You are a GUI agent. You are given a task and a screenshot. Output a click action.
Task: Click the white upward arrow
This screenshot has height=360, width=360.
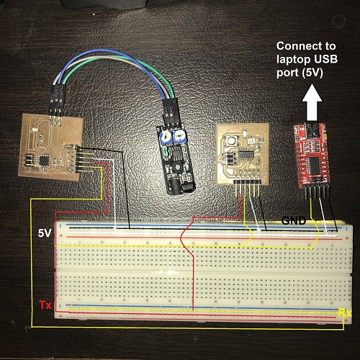point(312,102)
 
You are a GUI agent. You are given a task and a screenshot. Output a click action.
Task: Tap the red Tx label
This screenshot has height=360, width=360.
point(45,305)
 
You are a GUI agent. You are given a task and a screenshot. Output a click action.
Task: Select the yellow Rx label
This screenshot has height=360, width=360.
point(345,312)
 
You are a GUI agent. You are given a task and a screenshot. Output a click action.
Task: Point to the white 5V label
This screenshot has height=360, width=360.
point(45,233)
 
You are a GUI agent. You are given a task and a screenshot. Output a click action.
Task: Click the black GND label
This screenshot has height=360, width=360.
point(294,220)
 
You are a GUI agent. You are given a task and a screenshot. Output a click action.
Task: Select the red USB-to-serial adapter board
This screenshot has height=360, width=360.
point(312,156)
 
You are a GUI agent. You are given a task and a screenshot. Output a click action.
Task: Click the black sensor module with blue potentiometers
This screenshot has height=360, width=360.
point(176,159)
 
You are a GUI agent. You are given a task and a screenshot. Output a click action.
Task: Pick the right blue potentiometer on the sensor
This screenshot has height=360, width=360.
point(179,137)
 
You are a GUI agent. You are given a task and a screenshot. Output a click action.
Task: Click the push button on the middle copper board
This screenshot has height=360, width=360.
point(232,140)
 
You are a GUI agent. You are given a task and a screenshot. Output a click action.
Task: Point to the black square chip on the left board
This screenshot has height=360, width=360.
point(44,161)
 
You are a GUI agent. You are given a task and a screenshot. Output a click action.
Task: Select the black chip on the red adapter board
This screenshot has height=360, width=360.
point(314,166)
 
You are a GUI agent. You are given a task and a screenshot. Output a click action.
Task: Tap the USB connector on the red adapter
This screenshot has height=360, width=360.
point(311,131)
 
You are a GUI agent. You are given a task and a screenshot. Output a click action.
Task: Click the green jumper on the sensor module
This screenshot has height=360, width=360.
point(165,152)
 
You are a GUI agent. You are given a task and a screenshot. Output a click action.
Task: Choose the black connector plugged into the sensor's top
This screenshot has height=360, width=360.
point(170,111)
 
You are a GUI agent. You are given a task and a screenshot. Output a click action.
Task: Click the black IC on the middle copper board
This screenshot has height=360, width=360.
point(246,154)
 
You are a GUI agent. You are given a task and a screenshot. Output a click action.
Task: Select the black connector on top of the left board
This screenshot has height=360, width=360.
point(57,97)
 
